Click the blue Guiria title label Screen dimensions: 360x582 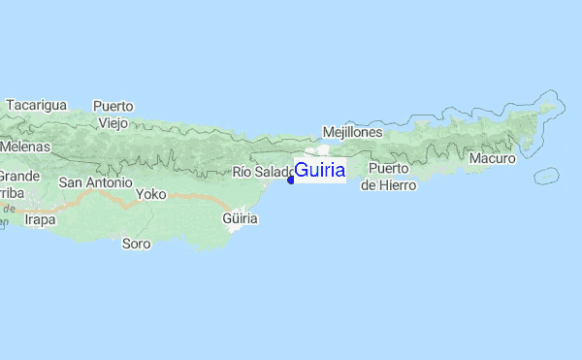[x=319, y=170]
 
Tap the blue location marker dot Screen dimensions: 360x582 [x=291, y=180]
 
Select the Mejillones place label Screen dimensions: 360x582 [x=352, y=132]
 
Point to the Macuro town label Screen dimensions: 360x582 [x=492, y=158]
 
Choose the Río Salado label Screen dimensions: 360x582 [x=261, y=173]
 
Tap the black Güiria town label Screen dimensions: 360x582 [x=241, y=219]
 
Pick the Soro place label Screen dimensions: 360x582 [x=136, y=244]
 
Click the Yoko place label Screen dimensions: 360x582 [x=151, y=194]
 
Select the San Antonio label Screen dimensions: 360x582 [x=95, y=182]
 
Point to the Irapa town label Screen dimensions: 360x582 [x=40, y=220]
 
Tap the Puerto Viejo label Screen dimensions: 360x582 [x=113, y=115]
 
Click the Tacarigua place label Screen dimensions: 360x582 [x=35, y=105]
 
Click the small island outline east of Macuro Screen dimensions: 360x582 [x=546, y=176]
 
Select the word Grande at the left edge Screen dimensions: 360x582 [x=17, y=177]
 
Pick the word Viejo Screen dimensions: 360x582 [x=113, y=123]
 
